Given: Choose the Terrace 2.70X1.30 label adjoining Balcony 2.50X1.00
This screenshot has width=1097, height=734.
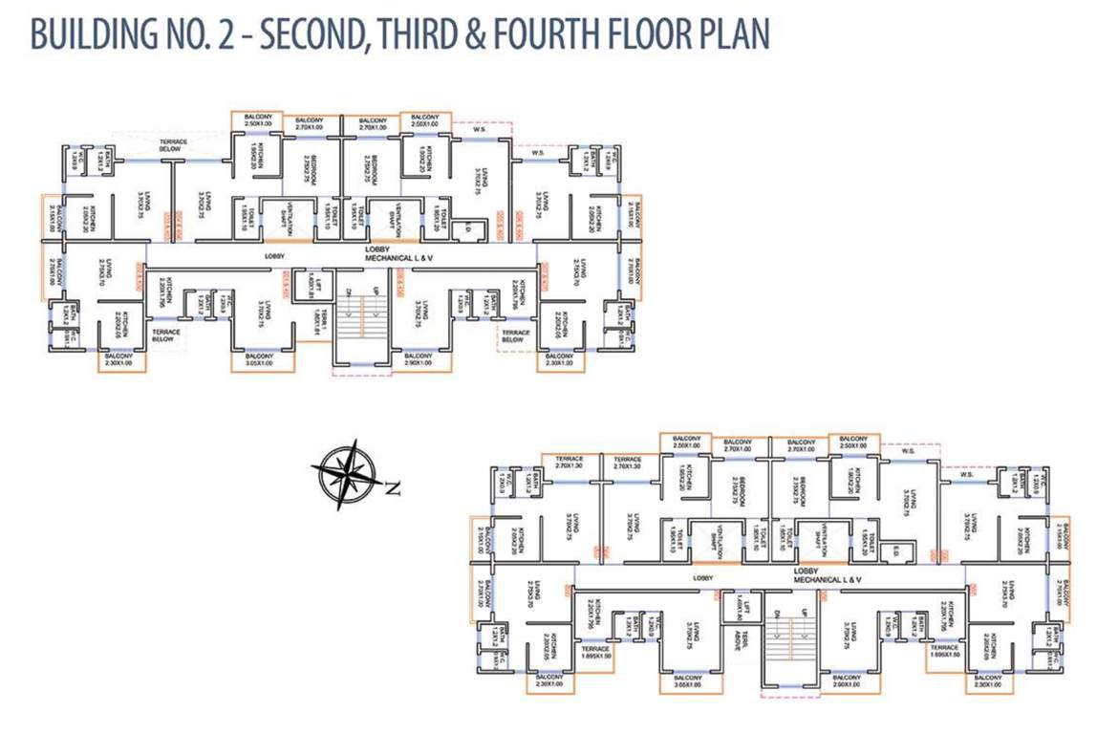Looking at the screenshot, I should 635,464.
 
